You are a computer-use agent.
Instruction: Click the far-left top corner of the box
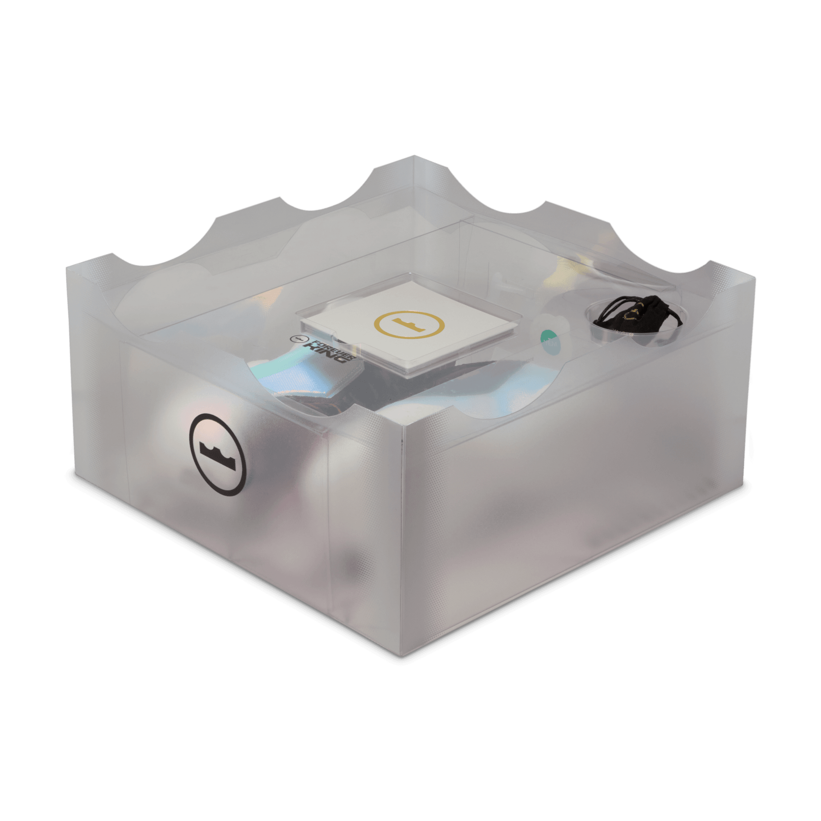(x=67, y=267)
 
